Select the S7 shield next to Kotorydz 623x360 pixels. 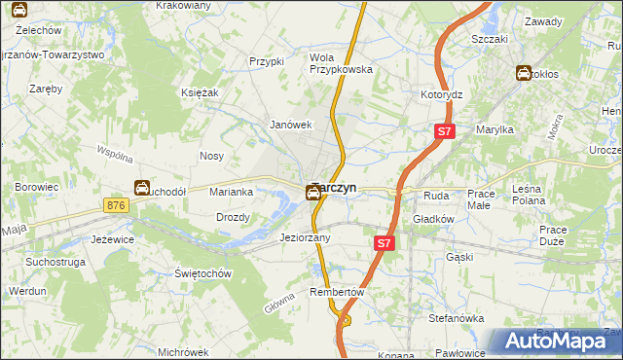coord(445,130)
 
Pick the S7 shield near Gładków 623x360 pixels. coord(385,244)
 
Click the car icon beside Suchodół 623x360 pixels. coord(142,189)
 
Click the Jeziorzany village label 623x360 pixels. coord(306,237)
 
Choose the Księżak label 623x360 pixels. coord(199,91)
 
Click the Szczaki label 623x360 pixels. coord(490,39)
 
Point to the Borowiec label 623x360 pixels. coord(37,186)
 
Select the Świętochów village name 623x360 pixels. coord(202,273)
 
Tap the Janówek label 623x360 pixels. coord(290,125)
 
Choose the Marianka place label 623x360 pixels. coord(232,192)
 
